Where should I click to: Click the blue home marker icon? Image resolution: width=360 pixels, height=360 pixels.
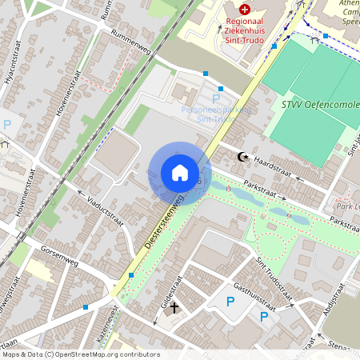click(180, 173)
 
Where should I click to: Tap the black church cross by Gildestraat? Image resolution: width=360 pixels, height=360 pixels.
click(173, 306)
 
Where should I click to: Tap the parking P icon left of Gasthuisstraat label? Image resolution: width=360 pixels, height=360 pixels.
click(230, 302)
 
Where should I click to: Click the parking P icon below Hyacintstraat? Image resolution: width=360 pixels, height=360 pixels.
click(7, 124)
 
